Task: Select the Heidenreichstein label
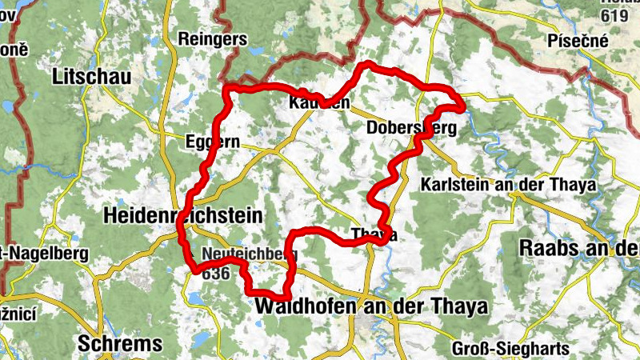[x=184, y=215]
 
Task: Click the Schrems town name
[x=120, y=344]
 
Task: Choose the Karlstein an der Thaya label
[x=508, y=185]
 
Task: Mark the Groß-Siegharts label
[x=510, y=348]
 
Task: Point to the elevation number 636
[x=216, y=273]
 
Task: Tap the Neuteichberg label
[x=250, y=254]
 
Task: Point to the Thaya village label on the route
[x=374, y=234]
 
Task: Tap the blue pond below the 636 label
[x=196, y=298]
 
